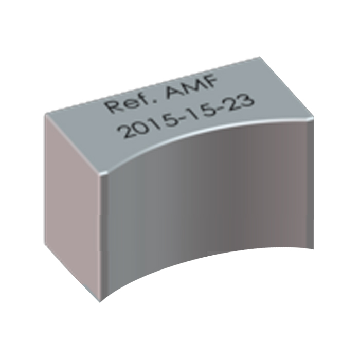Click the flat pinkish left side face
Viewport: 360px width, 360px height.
(x=72, y=206)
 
